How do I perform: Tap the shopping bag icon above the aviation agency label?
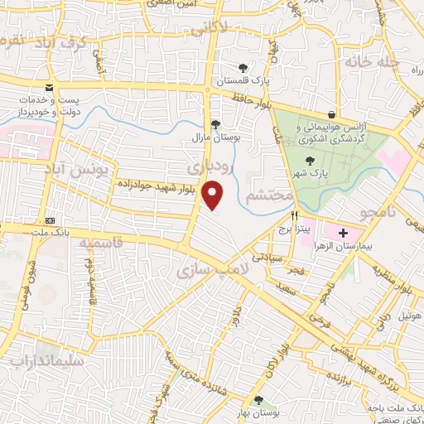point(332,115)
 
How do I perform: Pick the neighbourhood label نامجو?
point(379,214)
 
